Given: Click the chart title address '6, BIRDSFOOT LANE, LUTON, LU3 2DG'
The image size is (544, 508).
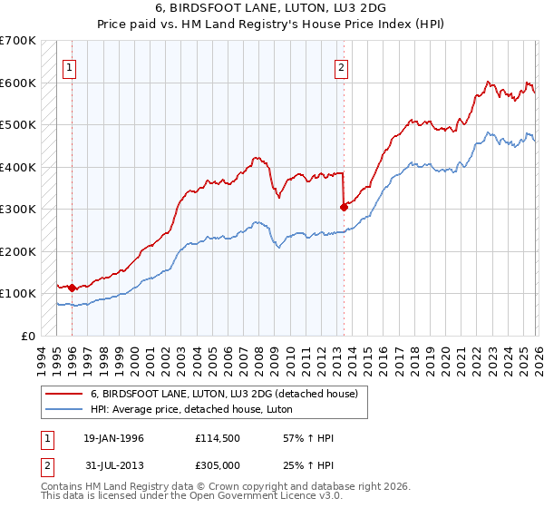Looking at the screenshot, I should pos(272,8).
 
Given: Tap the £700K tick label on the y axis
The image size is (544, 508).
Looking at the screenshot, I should pos(18,41).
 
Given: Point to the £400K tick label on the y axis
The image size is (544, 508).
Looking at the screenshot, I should pos(18,167).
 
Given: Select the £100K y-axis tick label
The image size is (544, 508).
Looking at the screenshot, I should pos(18,293).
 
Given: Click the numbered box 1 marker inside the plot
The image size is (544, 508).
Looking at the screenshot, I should pos(69,65).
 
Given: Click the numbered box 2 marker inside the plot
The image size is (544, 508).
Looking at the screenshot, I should pos(341,65).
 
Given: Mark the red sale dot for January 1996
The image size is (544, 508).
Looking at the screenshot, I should pos(72,288).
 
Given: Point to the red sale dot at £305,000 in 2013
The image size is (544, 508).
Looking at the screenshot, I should pos(344,207).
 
